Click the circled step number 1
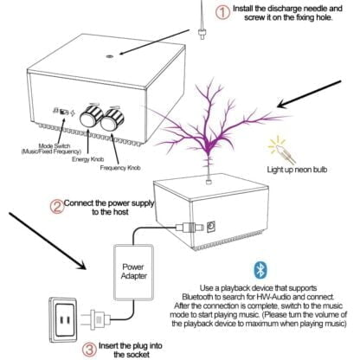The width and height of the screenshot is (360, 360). pyautogui.click(x=222, y=13)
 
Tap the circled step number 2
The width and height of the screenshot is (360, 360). pyautogui.click(x=57, y=207)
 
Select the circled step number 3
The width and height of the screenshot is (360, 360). pyautogui.click(x=90, y=350)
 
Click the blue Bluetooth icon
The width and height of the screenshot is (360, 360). pyautogui.click(x=260, y=270)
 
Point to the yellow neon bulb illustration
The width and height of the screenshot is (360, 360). pyautogui.click(x=281, y=150)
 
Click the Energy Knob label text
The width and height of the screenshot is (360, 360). pyautogui.click(x=87, y=159)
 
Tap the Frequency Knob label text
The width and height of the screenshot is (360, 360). pyautogui.click(x=120, y=168)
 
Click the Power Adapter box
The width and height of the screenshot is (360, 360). pyautogui.click(x=133, y=273)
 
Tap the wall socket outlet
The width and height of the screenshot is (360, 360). pyautogui.click(x=63, y=320)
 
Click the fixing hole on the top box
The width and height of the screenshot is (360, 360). pyautogui.click(x=109, y=56)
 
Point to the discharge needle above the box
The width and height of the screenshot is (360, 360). pyautogui.click(x=202, y=20)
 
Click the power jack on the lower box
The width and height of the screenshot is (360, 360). pyautogui.click(x=211, y=227)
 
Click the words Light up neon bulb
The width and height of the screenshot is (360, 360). pyautogui.click(x=297, y=170)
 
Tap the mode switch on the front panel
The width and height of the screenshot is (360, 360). pyautogui.click(x=64, y=112)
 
